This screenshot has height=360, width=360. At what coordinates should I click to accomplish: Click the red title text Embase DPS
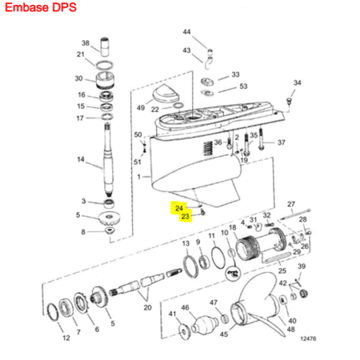[41, 8]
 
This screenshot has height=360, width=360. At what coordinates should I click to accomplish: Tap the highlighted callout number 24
[179, 208]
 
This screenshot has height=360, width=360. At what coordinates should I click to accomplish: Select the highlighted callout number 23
[186, 216]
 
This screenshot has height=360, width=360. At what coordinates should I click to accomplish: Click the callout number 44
[186, 32]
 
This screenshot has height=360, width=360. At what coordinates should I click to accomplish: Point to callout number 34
[297, 83]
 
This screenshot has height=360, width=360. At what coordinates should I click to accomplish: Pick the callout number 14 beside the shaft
[80, 160]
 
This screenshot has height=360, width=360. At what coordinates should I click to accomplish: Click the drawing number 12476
[308, 339]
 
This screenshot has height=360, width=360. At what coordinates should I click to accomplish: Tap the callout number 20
[148, 308]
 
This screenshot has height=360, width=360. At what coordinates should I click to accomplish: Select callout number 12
[66, 338]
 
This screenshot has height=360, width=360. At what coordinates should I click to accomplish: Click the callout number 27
[291, 204]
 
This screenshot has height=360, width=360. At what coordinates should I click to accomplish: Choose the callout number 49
[140, 108]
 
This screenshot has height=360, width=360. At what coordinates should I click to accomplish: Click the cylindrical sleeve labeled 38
[104, 47]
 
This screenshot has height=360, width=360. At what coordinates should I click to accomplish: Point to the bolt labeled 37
[260, 138]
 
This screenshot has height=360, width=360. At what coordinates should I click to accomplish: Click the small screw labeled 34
[289, 102]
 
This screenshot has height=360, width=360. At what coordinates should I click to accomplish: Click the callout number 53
[244, 86]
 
